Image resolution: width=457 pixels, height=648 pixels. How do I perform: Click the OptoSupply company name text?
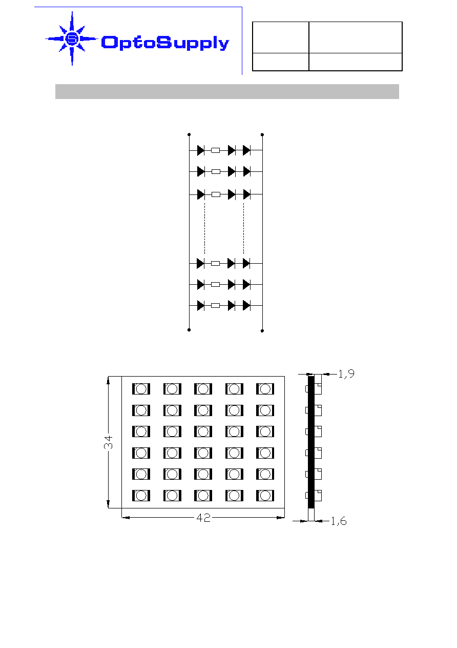click(165, 43)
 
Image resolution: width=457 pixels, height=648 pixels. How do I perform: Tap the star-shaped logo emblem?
click(72, 38)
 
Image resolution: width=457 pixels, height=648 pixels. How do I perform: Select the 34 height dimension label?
click(108, 442)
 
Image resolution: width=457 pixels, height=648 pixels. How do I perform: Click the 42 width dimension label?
click(203, 518)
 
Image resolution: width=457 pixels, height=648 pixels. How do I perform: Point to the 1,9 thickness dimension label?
click(346, 374)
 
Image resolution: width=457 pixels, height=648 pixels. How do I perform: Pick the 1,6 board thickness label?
click(339, 521)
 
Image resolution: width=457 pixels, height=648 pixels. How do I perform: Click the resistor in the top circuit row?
click(216, 150)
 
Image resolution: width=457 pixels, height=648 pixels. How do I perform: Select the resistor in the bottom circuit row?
click(216, 305)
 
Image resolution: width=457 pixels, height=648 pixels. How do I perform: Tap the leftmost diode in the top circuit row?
click(201, 150)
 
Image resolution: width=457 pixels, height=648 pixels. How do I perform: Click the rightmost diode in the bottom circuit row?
click(246, 305)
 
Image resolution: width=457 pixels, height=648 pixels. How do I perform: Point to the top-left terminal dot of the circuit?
click(189, 134)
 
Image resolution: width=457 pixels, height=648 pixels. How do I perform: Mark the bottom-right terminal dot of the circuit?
click(262, 330)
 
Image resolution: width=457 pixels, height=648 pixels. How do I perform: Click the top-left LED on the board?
click(141, 389)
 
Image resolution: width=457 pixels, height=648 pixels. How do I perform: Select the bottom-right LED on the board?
click(265, 496)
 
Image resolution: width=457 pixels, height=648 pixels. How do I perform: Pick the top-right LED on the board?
click(265, 389)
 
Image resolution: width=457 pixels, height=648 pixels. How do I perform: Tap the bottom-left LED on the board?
click(141, 496)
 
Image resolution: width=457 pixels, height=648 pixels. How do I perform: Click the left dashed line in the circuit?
click(205, 228)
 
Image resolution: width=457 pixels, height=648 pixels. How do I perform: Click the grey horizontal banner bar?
click(227, 91)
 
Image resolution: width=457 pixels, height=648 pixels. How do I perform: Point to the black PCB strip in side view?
click(311, 442)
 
